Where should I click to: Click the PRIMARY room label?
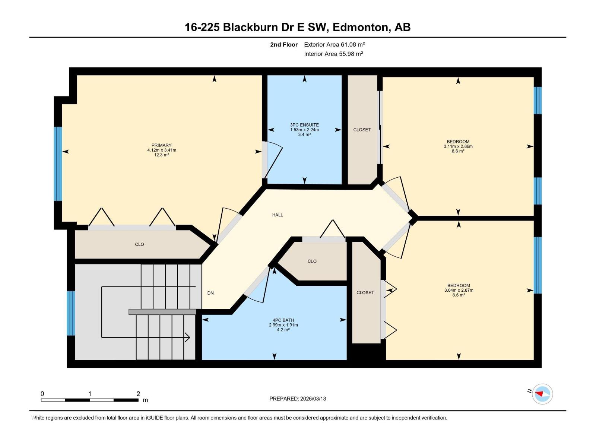click(161, 145)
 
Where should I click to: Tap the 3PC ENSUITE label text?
click(304, 125)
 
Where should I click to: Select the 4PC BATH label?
click(283, 320)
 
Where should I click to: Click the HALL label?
click(278, 215)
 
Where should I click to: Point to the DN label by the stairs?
click(210, 293)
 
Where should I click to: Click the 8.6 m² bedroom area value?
click(458, 151)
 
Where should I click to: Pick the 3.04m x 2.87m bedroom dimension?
click(459, 290)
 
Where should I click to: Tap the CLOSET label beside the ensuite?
click(362, 130)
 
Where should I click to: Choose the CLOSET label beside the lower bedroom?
click(365, 293)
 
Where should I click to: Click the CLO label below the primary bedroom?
click(139, 244)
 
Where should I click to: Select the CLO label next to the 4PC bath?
click(312, 261)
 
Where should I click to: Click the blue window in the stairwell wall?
click(71, 313)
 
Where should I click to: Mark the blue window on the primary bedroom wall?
click(58, 164)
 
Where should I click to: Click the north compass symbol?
click(542, 394)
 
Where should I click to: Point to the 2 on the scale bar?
click(138, 394)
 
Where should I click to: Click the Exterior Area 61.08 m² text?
click(334, 44)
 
